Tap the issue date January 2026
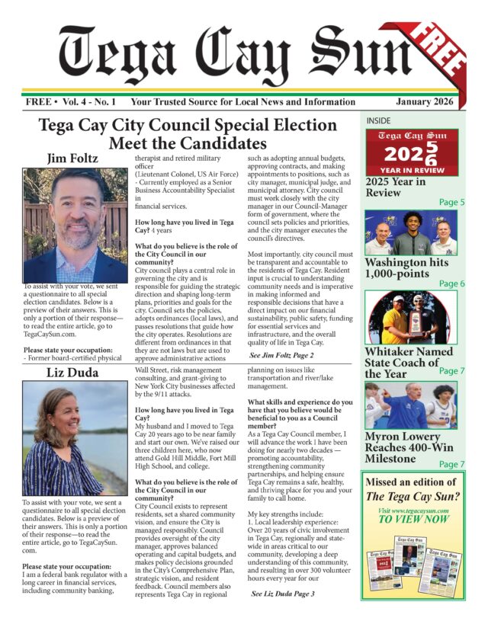point(425,102)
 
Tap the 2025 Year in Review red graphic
point(411,152)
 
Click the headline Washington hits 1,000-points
point(406,268)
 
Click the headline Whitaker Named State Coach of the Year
point(403,362)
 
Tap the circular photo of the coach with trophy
point(410,317)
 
